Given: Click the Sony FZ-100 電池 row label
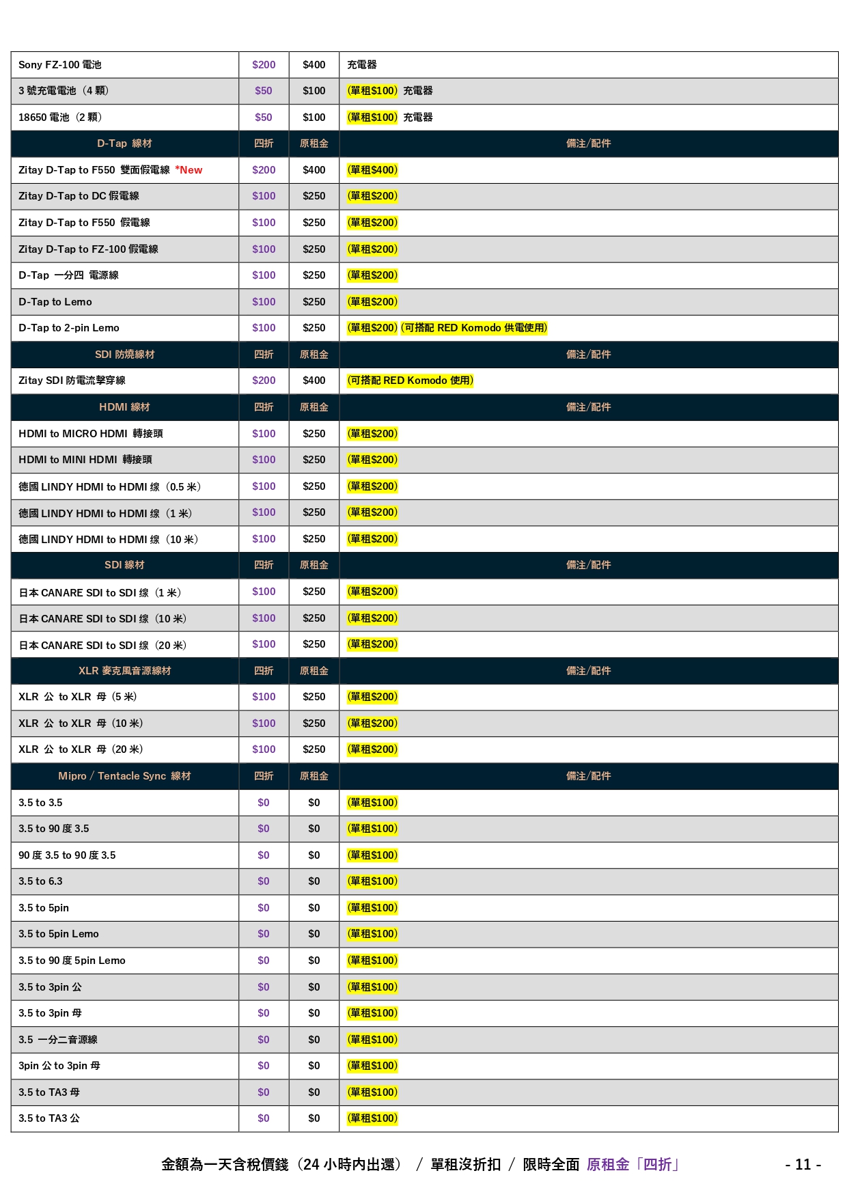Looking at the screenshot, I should (60, 65).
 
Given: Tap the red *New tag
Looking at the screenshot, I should (189, 170).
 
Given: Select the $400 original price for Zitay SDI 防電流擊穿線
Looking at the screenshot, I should (314, 381).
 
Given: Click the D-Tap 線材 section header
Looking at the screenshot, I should (124, 143).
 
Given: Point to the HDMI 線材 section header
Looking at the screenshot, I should (124, 407).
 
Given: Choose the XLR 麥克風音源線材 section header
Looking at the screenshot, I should (124, 671).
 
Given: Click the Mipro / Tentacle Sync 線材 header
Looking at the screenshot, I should (124, 776).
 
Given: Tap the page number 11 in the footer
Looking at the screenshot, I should (803, 1164).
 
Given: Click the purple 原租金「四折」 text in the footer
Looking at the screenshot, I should (633, 1164).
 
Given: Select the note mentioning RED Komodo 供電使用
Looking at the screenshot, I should (474, 328).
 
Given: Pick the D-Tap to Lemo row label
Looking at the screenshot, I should (55, 302).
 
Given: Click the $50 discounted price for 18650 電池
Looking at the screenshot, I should (264, 118).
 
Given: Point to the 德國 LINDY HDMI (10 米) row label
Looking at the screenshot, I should (108, 540).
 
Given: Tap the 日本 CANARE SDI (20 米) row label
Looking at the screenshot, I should (102, 646).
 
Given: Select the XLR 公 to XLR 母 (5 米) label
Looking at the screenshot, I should (78, 697).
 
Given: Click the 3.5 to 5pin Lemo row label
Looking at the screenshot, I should (59, 934).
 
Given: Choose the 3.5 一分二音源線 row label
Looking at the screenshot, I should (58, 1040).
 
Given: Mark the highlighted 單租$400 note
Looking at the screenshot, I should (372, 170).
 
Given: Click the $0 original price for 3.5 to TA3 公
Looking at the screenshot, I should (314, 1118).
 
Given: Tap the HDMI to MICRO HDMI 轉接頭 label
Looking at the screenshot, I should (91, 434).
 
